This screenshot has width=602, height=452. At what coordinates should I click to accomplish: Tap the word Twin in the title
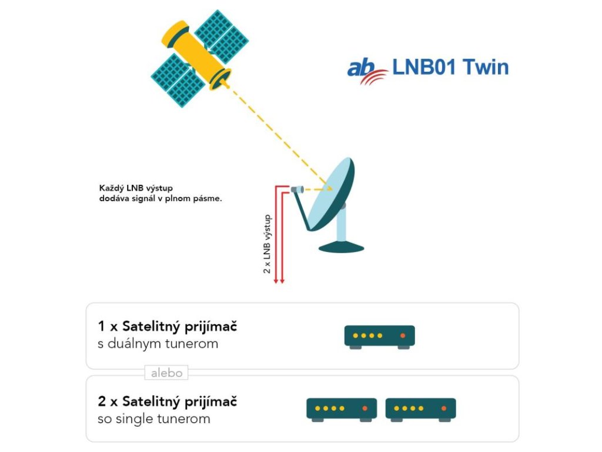point(485,67)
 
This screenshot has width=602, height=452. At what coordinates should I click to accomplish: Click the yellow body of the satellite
point(194,53)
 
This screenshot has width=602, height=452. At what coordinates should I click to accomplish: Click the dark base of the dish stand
point(342,248)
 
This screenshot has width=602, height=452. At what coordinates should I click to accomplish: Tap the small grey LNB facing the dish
point(296,190)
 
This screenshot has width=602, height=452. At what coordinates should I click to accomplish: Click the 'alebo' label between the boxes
point(166,373)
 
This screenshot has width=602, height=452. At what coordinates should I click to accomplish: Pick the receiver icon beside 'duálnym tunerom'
point(379,336)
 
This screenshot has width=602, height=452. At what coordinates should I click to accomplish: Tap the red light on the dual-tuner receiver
point(403,335)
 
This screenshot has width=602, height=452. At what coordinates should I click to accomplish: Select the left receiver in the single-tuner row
point(342,408)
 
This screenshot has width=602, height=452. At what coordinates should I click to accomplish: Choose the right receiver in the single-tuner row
point(420,408)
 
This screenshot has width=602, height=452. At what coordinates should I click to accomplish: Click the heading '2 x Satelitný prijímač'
point(168,402)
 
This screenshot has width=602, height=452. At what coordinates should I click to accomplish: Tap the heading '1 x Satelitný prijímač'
point(168,326)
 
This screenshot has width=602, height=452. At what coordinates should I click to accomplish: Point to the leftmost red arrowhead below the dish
point(276,282)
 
